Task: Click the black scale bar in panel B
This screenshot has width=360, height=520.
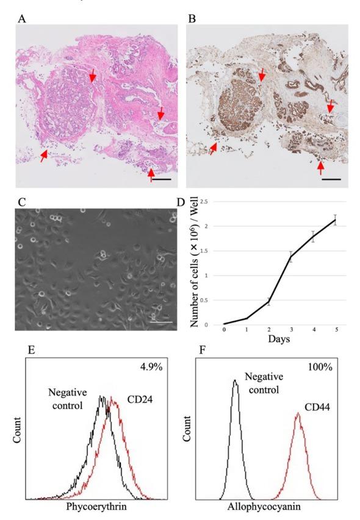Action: point(333,179)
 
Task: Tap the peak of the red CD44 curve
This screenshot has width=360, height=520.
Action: point(298,414)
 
